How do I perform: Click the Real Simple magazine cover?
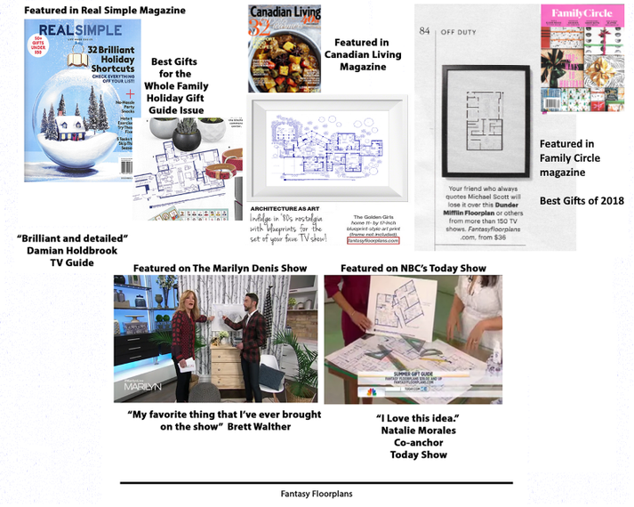[82, 100]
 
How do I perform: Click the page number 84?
[425, 30]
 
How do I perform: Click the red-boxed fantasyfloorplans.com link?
[373, 240]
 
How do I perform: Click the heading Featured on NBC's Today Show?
[413, 268]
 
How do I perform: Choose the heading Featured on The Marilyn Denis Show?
[220, 268]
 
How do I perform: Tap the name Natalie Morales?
[412, 430]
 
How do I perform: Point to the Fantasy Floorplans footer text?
[317, 491]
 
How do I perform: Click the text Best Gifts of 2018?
[582, 200]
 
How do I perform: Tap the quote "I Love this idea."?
[412, 417]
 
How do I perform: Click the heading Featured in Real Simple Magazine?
[105, 11]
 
